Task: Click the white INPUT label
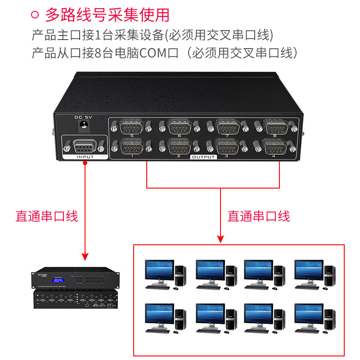[x=85, y=157]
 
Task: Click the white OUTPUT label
[x=203, y=157]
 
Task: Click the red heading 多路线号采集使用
[x=107, y=15]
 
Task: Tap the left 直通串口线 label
[x=47, y=216]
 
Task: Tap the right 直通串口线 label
[x=259, y=216]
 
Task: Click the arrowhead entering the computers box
[x=220, y=238]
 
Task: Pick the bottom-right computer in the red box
[x=314, y=317]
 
